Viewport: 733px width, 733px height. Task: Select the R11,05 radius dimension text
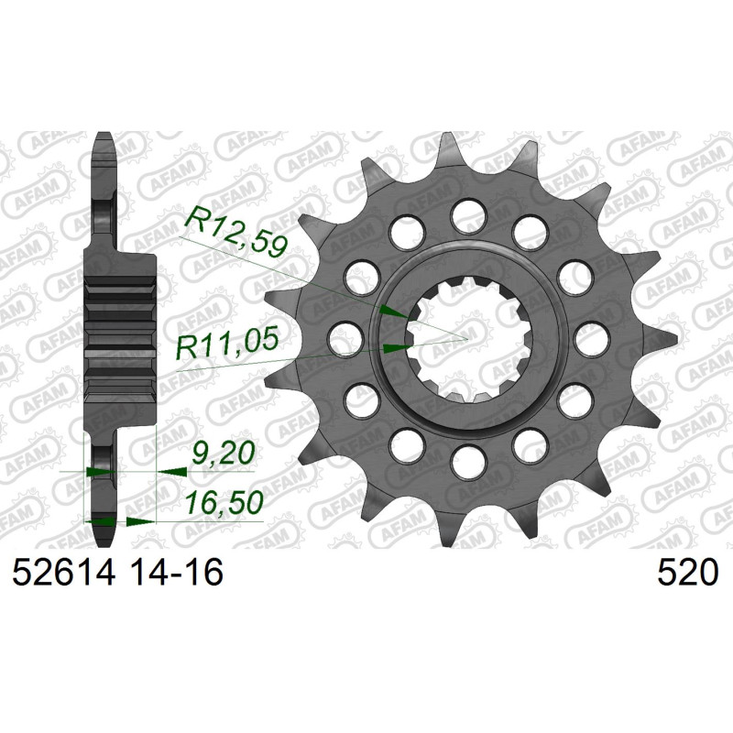(x=227, y=345)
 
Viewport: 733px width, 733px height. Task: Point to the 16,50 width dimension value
(x=224, y=503)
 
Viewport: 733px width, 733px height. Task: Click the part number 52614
(x=63, y=573)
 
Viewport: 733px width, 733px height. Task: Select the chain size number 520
(x=687, y=573)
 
